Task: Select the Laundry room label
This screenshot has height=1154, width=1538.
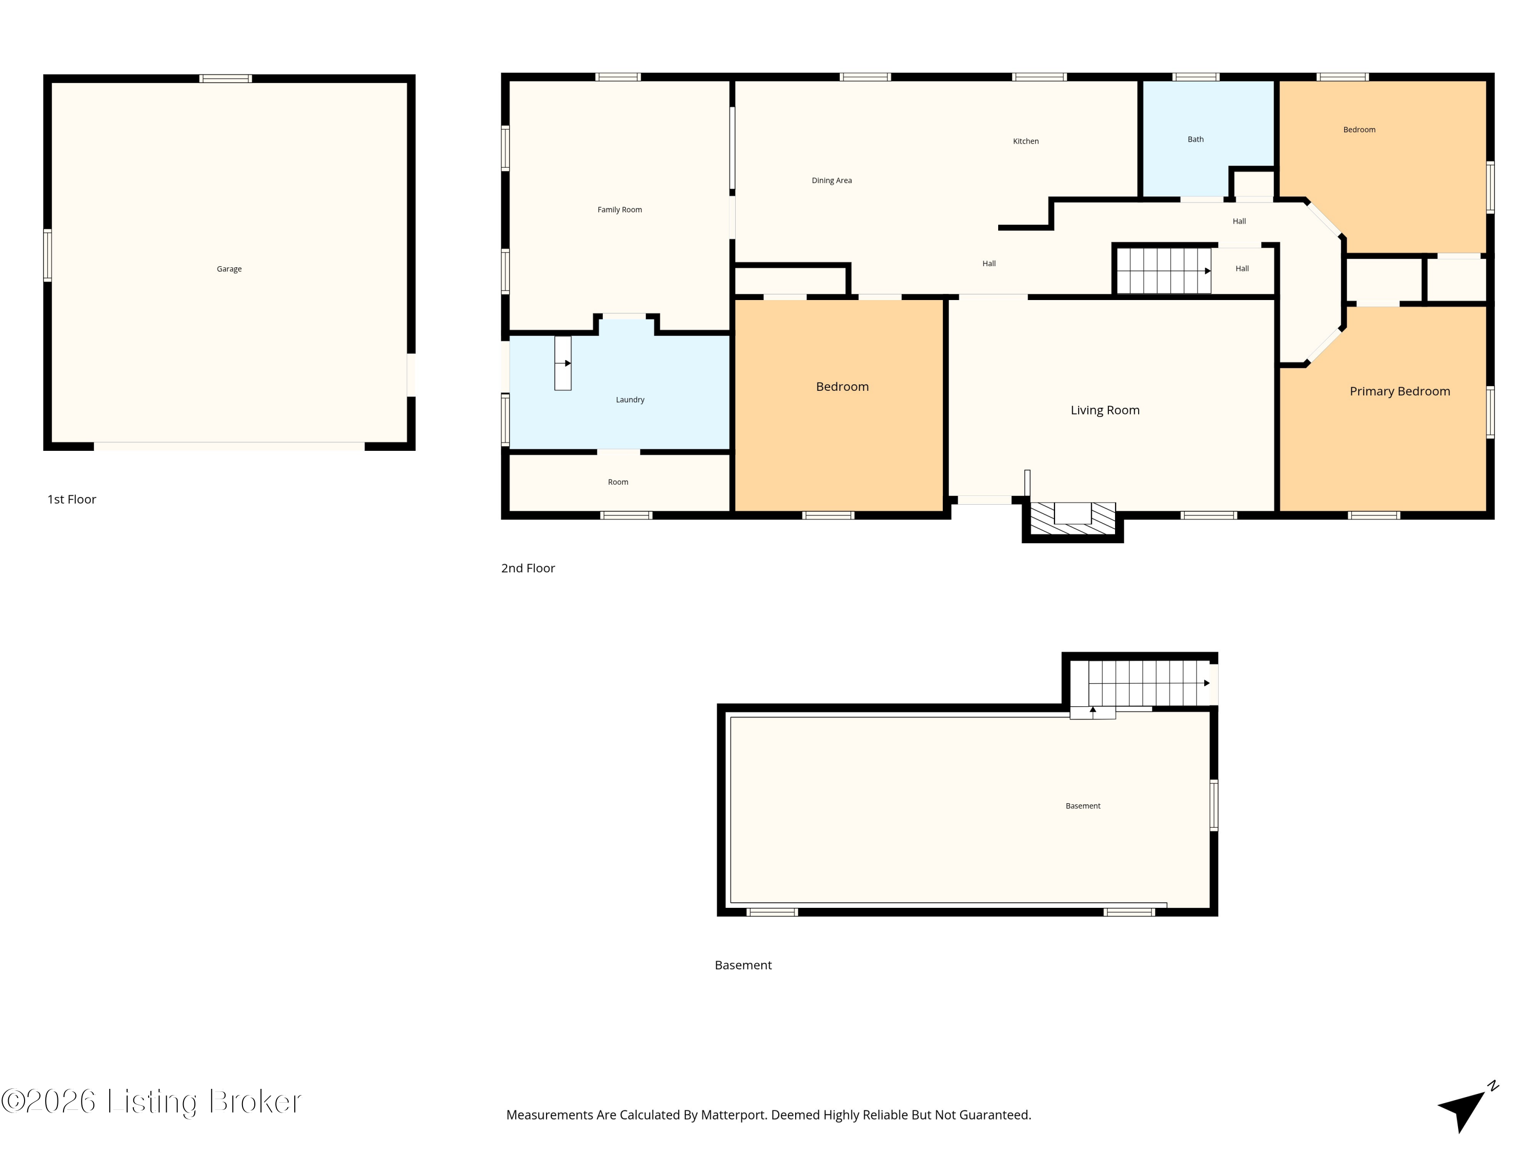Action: tap(630, 400)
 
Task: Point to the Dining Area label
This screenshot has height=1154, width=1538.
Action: tap(832, 181)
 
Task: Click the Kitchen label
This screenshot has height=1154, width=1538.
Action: tap(1025, 141)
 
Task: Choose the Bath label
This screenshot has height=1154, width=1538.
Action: tap(1195, 139)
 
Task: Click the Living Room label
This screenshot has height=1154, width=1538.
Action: tap(1105, 410)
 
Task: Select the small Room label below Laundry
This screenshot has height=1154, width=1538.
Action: tap(618, 482)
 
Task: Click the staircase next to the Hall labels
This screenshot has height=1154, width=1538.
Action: tap(1164, 271)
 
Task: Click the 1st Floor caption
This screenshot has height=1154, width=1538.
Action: tap(72, 500)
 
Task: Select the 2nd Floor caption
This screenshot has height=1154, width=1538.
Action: tap(528, 568)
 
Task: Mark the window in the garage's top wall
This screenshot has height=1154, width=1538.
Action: tap(225, 78)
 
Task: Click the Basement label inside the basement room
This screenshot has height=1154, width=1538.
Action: tap(1083, 806)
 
